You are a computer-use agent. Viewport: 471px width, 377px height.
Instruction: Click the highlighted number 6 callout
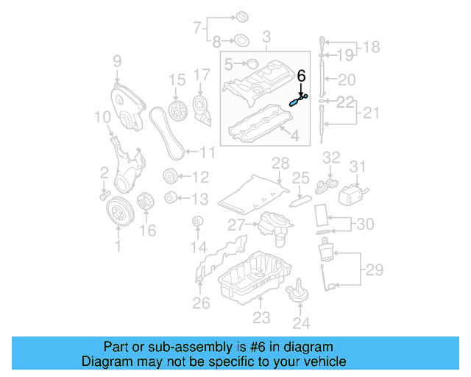(x=301, y=75)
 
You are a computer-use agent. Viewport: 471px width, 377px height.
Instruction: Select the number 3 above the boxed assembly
(x=266, y=35)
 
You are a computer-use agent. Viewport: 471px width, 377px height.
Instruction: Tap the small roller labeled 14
(x=196, y=222)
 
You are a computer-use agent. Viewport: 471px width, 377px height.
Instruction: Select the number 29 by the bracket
(x=375, y=269)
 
